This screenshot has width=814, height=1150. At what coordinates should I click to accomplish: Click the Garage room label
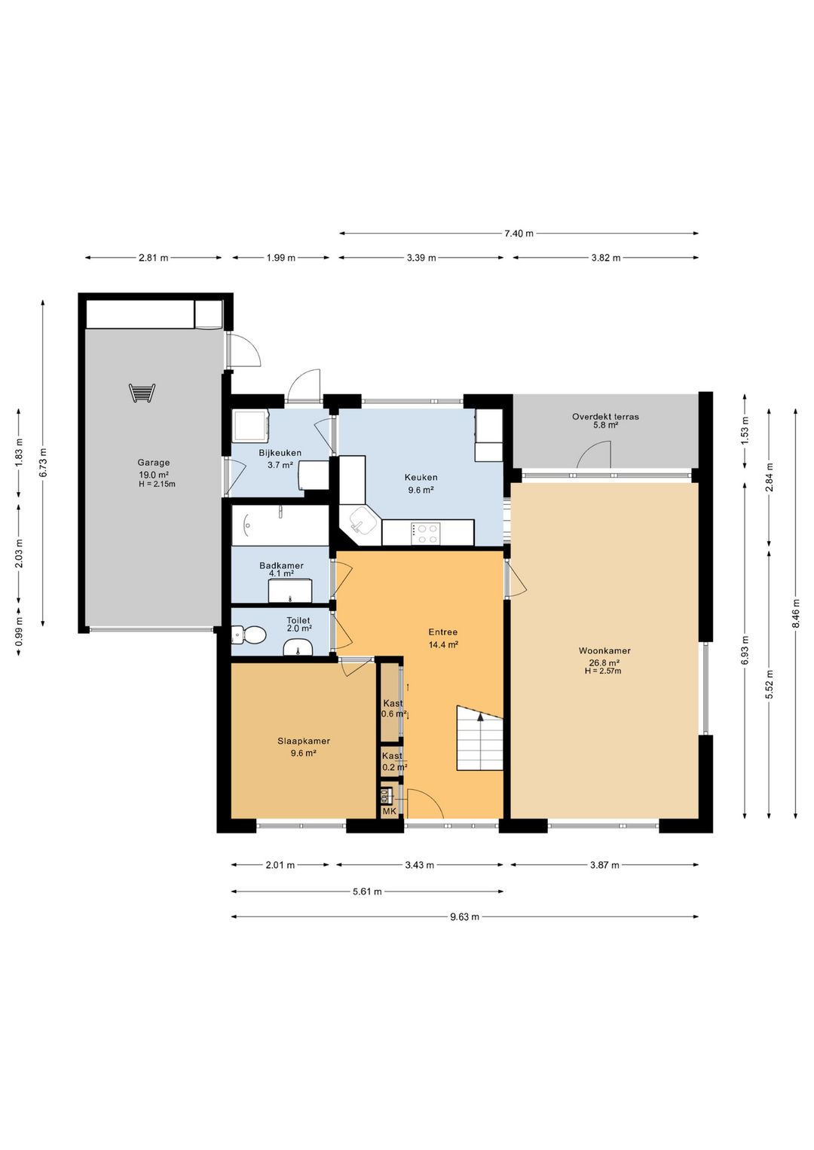point(153,463)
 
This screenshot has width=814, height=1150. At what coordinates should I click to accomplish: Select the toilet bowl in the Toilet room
point(249,635)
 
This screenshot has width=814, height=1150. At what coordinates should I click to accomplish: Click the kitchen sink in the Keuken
point(360,525)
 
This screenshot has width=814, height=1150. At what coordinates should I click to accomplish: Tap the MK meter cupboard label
point(389,811)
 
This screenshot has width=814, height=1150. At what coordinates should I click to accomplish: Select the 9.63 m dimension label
point(465,917)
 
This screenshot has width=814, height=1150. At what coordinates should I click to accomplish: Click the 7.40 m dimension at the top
point(519,234)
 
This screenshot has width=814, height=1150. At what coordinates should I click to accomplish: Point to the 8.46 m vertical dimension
point(795,613)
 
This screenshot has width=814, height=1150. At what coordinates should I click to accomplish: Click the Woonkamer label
point(604,651)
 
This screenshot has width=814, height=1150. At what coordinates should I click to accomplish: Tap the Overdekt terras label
point(605,417)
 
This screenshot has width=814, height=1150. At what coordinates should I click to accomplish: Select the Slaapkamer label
point(304,741)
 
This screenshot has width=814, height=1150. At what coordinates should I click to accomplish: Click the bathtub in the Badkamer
point(280,525)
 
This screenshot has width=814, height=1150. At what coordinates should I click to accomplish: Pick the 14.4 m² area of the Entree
point(443,645)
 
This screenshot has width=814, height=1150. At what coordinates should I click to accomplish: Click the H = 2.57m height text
point(603,671)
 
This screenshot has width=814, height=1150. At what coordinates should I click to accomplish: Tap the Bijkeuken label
point(280,453)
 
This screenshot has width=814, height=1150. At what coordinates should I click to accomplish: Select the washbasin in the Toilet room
point(298,647)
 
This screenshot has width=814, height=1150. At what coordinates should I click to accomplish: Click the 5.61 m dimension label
point(367,892)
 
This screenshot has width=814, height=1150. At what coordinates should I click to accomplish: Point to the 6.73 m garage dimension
point(43,463)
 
